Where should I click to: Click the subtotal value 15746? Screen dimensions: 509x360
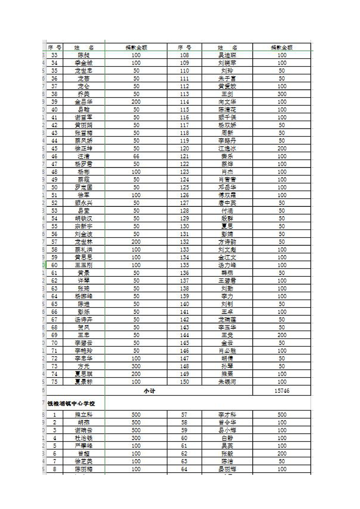[x=282, y=391]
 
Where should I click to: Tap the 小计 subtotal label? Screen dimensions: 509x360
[x=149, y=391]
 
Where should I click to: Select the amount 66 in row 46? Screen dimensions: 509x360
[x=136, y=156]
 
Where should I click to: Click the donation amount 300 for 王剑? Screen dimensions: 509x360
[x=282, y=94]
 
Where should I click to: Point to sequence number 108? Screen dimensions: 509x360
[x=184, y=55]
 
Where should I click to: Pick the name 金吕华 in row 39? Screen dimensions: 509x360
[x=84, y=102]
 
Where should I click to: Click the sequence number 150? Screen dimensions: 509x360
[x=184, y=382]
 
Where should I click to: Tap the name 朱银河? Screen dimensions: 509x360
[x=227, y=382]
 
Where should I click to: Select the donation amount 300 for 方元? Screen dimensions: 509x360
[x=136, y=366]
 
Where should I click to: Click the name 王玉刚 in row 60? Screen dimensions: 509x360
[x=84, y=265]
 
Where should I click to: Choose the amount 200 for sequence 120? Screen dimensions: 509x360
[x=282, y=148]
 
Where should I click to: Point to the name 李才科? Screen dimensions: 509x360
[x=227, y=415]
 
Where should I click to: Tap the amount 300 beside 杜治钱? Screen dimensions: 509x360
[x=136, y=438]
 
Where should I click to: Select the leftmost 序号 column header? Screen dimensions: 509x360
[x=54, y=47]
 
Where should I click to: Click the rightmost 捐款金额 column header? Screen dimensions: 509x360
[x=282, y=47]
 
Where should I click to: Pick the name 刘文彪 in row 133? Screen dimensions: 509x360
[x=227, y=250]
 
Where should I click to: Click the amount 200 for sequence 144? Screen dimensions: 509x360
[x=282, y=335]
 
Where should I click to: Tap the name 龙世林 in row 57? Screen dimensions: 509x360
[x=84, y=242]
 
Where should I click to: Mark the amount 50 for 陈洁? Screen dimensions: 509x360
[x=282, y=461]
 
